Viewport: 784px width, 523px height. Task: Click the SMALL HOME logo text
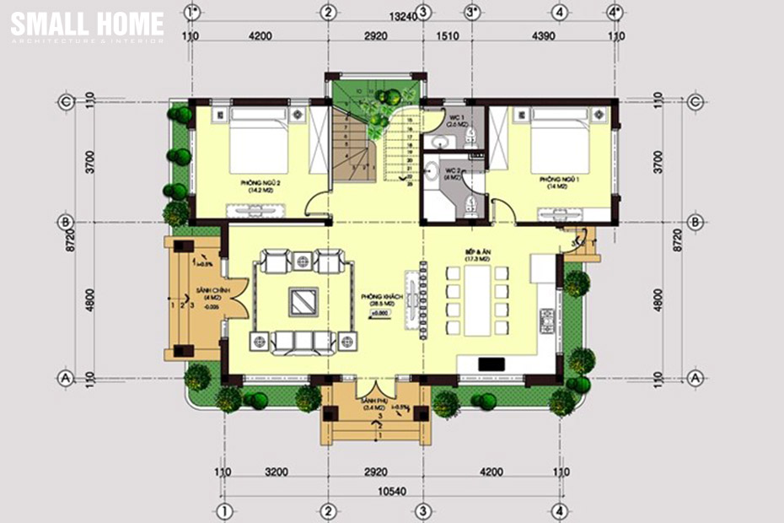tap(87, 24)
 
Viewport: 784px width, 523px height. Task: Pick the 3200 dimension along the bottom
tap(274, 473)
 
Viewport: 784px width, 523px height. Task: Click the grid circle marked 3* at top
tap(474, 12)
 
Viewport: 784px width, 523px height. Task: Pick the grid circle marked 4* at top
tap(616, 12)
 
